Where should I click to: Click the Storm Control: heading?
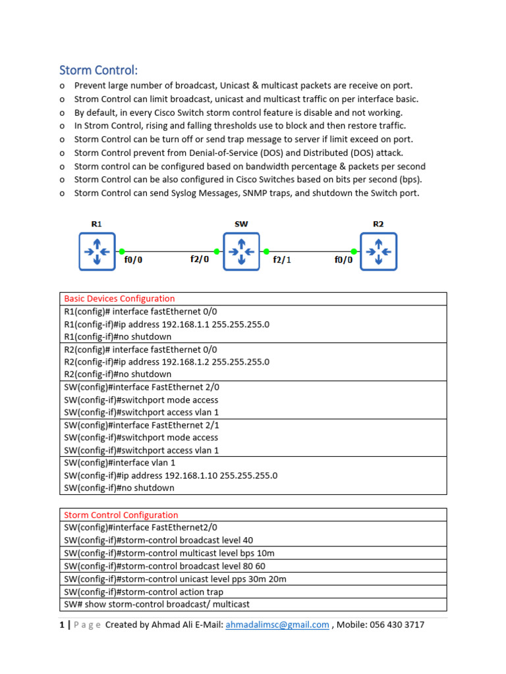coord(99,70)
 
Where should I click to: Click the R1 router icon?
coord(97,251)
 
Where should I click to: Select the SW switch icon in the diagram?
coord(241,251)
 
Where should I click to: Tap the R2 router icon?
coord(378,251)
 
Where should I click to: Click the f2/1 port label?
coord(282,260)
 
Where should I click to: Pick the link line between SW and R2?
coord(310,251)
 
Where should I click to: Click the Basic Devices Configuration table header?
coord(119,299)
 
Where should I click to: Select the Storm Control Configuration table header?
coord(121,515)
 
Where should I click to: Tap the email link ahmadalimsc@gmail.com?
coord(277,625)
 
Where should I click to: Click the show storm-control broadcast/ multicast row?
coord(157,604)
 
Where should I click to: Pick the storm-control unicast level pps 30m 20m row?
coord(175,579)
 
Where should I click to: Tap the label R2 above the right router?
coord(378,224)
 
